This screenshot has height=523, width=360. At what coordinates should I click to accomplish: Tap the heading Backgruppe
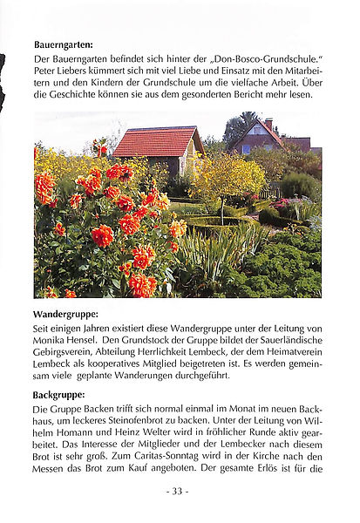tap(59, 395)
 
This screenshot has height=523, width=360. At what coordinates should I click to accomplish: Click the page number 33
tap(177, 492)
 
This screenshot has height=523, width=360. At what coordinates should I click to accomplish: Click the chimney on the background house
tap(268, 124)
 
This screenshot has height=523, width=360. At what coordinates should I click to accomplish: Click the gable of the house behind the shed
tap(262, 137)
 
